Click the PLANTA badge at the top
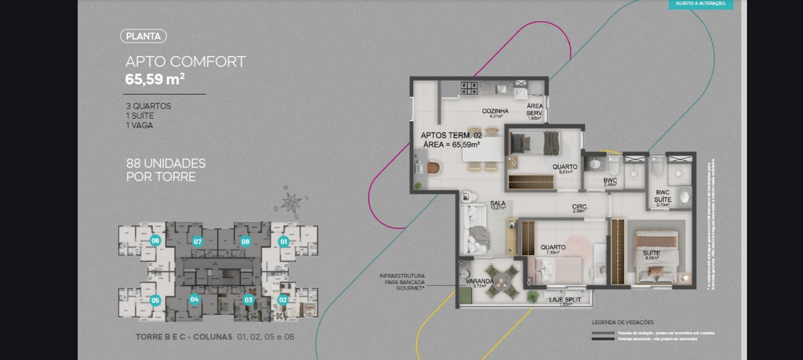[143, 36]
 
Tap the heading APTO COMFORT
[185, 62]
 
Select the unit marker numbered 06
[155, 240]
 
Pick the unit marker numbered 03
[248, 300]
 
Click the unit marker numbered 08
[245, 241]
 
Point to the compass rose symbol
[291, 202]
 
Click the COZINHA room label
[495, 111]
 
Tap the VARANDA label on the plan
[479, 281]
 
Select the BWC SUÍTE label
[662, 196]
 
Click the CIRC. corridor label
[580, 207]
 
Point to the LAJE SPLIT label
[565, 300]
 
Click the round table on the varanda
[501, 280]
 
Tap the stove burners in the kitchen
[469, 89]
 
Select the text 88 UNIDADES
[166, 163]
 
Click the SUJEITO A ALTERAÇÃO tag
[700, 4]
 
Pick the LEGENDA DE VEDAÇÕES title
[623, 322]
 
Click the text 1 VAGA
[139, 125]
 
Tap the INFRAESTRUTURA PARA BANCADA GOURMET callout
[402, 282]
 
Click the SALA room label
[498, 203]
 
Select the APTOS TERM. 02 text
[451, 135]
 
